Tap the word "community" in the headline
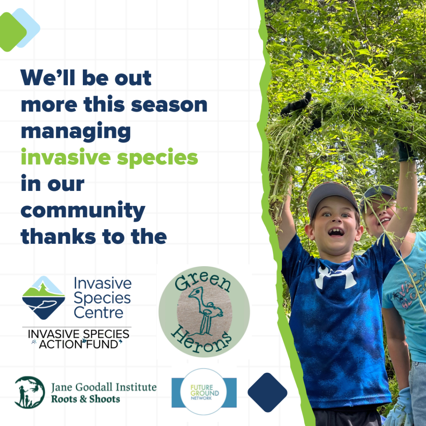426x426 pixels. click(x=83, y=211)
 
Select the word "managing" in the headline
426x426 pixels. click(x=76, y=132)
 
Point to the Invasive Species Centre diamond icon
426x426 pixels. click(x=43, y=297)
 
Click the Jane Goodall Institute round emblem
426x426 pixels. click(x=30, y=392)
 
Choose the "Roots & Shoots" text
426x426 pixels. click(x=85, y=399)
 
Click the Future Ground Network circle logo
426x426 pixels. click(x=204, y=391)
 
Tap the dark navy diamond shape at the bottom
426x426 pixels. click(x=267, y=392)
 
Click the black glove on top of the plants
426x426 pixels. click(x=297, y=104)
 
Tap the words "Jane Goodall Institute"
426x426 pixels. click(x=104, y=387)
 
